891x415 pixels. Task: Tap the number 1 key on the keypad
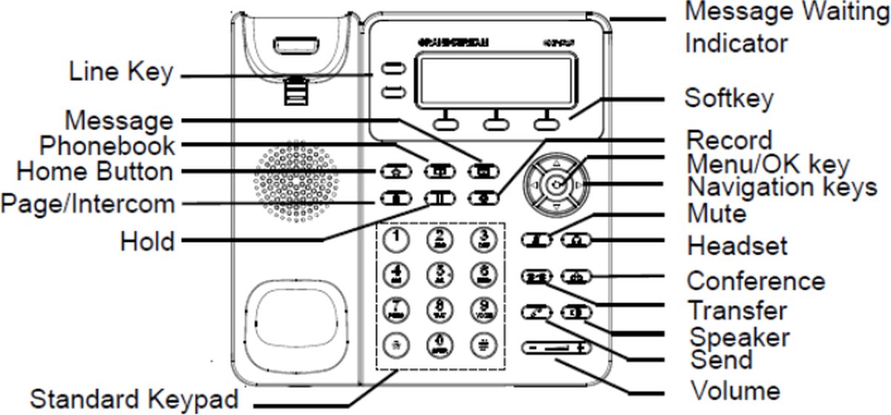point(399,239)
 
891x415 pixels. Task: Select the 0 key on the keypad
point(440,343)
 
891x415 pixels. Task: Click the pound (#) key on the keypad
point(481,343)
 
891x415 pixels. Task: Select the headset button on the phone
point(576,240)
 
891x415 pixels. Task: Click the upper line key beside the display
point(393,69)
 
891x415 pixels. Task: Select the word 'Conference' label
point(755,281)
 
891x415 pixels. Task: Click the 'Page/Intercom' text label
point(88,203)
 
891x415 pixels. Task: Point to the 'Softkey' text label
point(728,98)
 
